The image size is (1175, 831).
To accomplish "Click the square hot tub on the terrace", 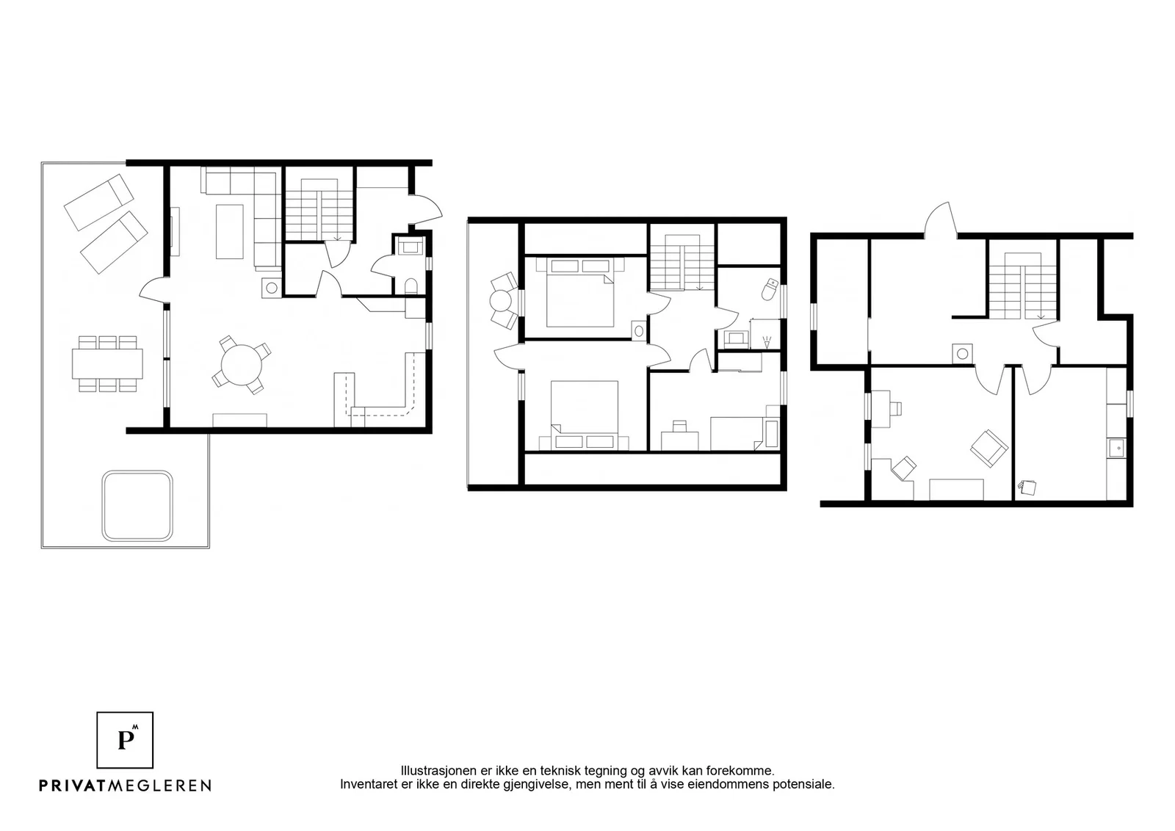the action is pyautogui.click(x=137, y=506).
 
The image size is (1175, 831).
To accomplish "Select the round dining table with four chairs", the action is pyautogui.click(x=242, y=365).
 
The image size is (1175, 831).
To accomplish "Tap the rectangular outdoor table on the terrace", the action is pyautogui.click(x=107, y=364).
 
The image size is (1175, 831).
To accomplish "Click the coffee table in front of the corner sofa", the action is pyautogui.click(x=230, y=231).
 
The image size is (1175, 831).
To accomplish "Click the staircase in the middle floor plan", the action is pyautogui.click(x=682, y=262).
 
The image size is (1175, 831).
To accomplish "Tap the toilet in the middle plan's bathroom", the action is pyautogui.click(x=770, y=289).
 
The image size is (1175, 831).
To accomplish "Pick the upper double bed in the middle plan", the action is pyautogui.click(x=580, y=292).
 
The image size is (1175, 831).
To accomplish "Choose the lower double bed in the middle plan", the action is pyautogui.click(x=584, y=415).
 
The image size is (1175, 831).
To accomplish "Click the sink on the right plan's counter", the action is pyautogui.click(x=1117, y=449).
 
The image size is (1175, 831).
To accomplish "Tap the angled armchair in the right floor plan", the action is pyautogui.click(x=988, y=449).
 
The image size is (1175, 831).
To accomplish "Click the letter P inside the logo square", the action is pyautogui.click(x=126, y=740).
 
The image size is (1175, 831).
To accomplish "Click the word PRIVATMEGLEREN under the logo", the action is pyautogui.click(x=126, y=785).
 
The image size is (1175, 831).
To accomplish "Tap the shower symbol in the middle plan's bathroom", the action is pyautogui.click(x=767, y=342).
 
